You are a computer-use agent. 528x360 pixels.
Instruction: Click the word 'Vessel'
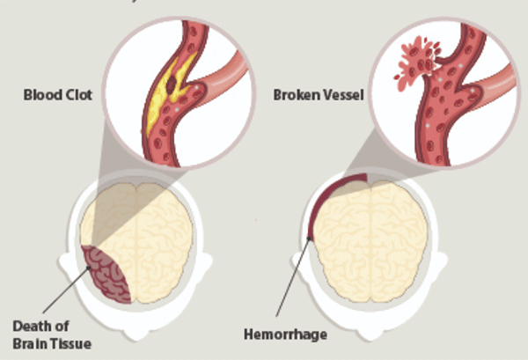pyautogui.click(x=336, y=94)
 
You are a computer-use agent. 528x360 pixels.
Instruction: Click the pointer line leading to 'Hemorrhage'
pyautogui.click(x=290, y=282)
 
